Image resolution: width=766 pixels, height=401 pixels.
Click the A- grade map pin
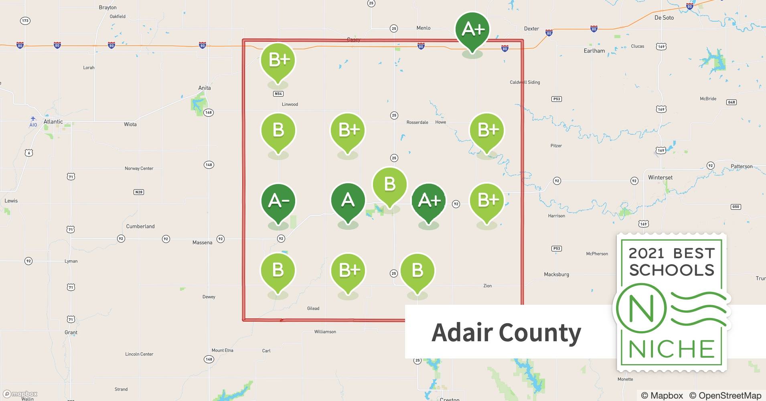[x=278, y=201]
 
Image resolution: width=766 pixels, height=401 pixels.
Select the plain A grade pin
[x=348, y=200]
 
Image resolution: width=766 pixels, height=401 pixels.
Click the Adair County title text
[x=506, y=332]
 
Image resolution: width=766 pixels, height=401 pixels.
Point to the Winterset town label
[x=660, y=177]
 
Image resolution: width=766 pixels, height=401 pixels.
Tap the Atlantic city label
[x=53, y=122]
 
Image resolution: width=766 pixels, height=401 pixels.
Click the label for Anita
[x=204, y=88]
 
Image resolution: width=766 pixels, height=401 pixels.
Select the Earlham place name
[x=594, y=51]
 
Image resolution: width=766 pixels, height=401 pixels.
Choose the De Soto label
[x=664, y=18]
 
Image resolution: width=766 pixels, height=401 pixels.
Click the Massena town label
[x=202, y=243]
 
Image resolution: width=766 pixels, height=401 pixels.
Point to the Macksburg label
[x=556, y=274]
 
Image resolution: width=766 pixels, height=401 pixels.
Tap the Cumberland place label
[x=140, y=226]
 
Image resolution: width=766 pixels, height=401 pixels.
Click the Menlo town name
[x=423, y=28]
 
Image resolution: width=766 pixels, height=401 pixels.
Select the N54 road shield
[x=278, y=94]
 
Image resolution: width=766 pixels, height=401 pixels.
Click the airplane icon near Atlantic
[x=33, y=119]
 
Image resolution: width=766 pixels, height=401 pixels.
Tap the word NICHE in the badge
[x=672, y=349]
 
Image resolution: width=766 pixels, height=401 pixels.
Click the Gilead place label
[x=313, y=308]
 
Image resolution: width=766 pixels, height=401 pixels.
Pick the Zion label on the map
[x=487, y=286]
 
